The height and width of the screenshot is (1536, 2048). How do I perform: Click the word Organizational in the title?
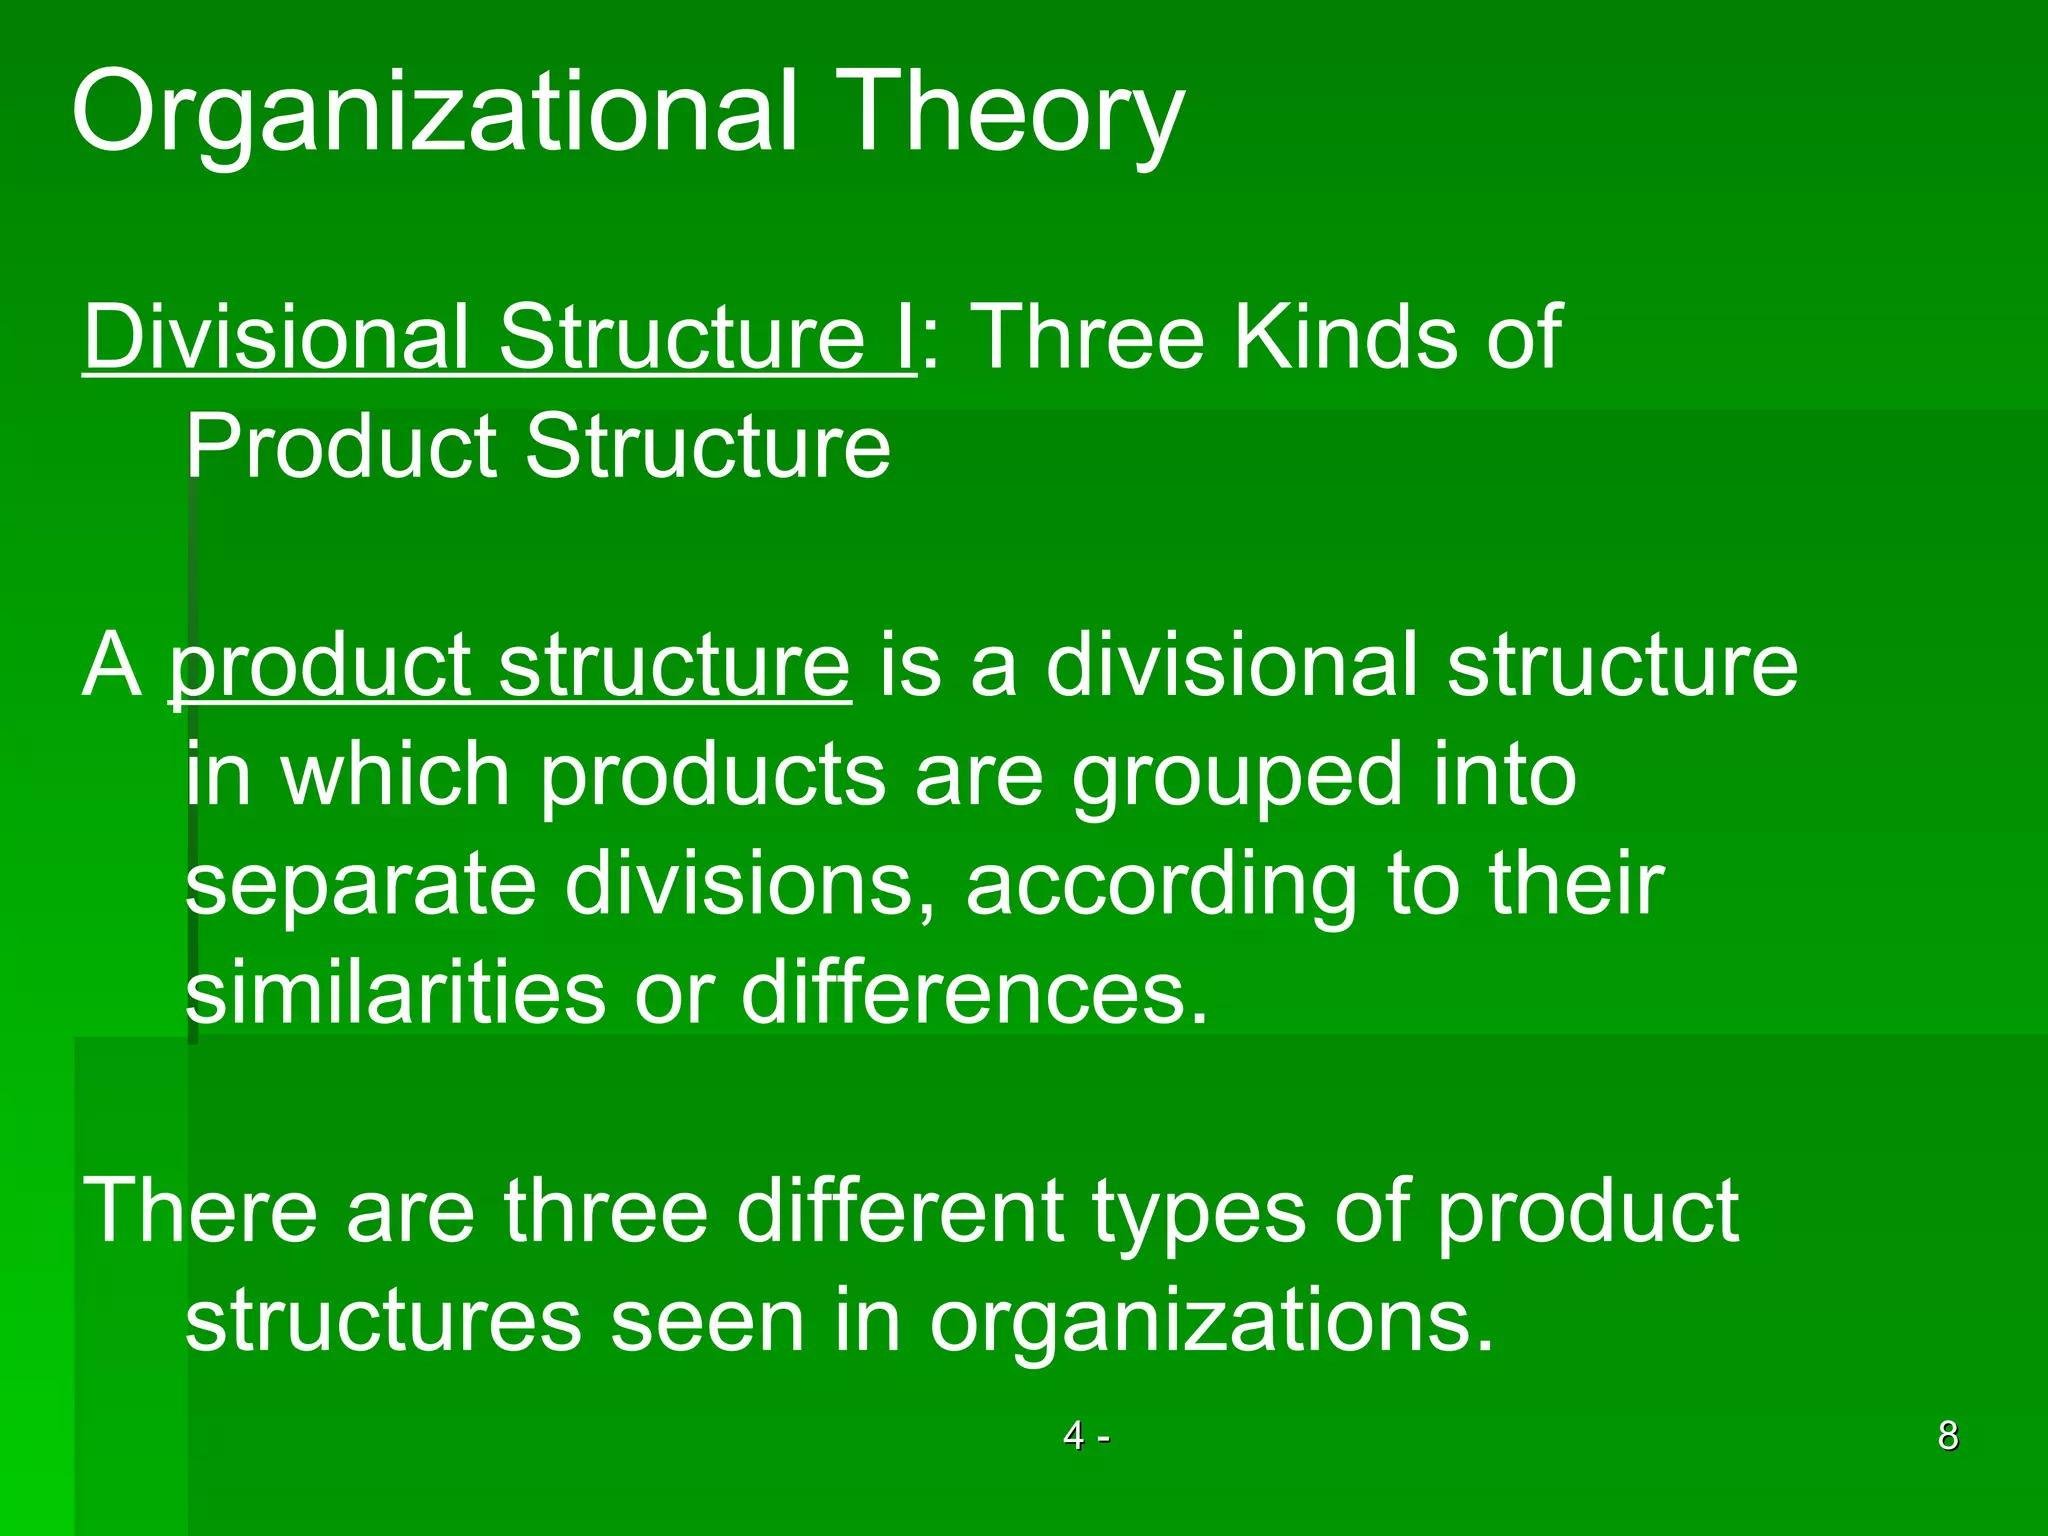tap(435, 112)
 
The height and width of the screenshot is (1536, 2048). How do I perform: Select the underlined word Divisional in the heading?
tap(276, 337)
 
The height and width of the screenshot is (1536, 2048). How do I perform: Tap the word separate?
tap(361, 885)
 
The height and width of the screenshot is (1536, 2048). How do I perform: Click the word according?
tap(1160, 885)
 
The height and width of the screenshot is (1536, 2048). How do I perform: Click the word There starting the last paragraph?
tap(200, 1211)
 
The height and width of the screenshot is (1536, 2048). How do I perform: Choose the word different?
tap(901, 1211)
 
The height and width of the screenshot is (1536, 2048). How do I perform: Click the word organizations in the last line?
tap(1210, 1322)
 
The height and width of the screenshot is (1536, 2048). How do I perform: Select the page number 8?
tap(1948, 1436)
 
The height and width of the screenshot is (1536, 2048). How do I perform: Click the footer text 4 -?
tap(1086, 1436)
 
